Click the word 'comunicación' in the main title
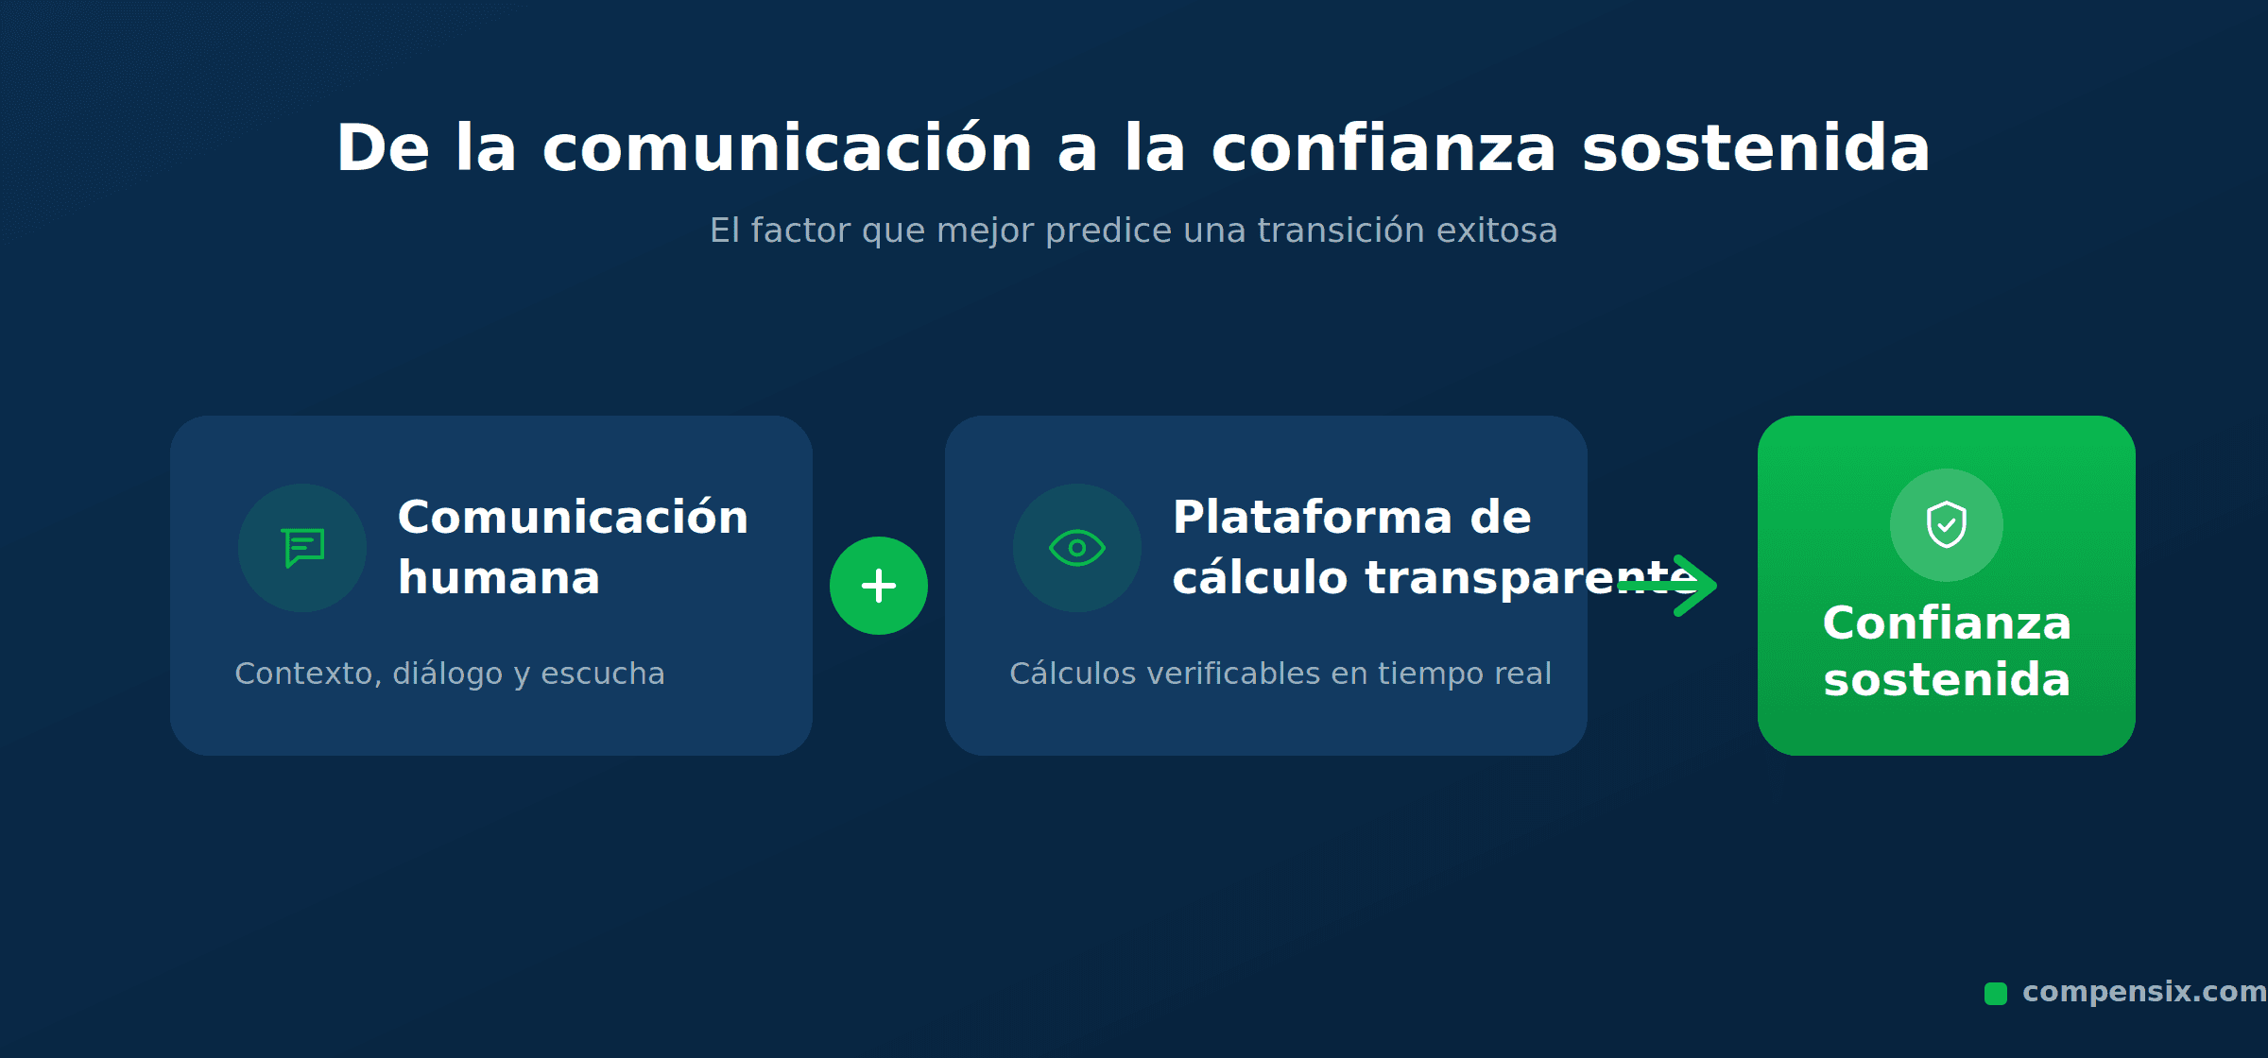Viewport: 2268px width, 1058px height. (787, 148)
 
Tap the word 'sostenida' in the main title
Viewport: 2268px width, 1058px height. (1756, 148)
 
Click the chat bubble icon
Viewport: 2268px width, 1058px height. (303, 548)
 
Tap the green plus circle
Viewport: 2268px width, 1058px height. (879, 586)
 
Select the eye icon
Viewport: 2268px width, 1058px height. (1077, 548)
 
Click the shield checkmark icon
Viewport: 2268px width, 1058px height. (1947, 524)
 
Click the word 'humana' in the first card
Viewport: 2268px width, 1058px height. (499, 578)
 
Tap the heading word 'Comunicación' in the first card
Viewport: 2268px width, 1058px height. (573, 518)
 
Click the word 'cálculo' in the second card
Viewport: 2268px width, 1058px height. (1260, 577)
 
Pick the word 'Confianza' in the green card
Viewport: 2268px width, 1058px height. (1947, 623)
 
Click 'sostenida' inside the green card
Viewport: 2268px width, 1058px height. (1947, 680)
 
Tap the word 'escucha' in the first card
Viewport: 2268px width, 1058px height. (603, 674)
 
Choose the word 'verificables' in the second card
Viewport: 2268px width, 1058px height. (1233, 674)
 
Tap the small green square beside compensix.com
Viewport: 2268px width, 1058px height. (1996, 994)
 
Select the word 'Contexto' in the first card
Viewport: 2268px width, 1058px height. (308, 674)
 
